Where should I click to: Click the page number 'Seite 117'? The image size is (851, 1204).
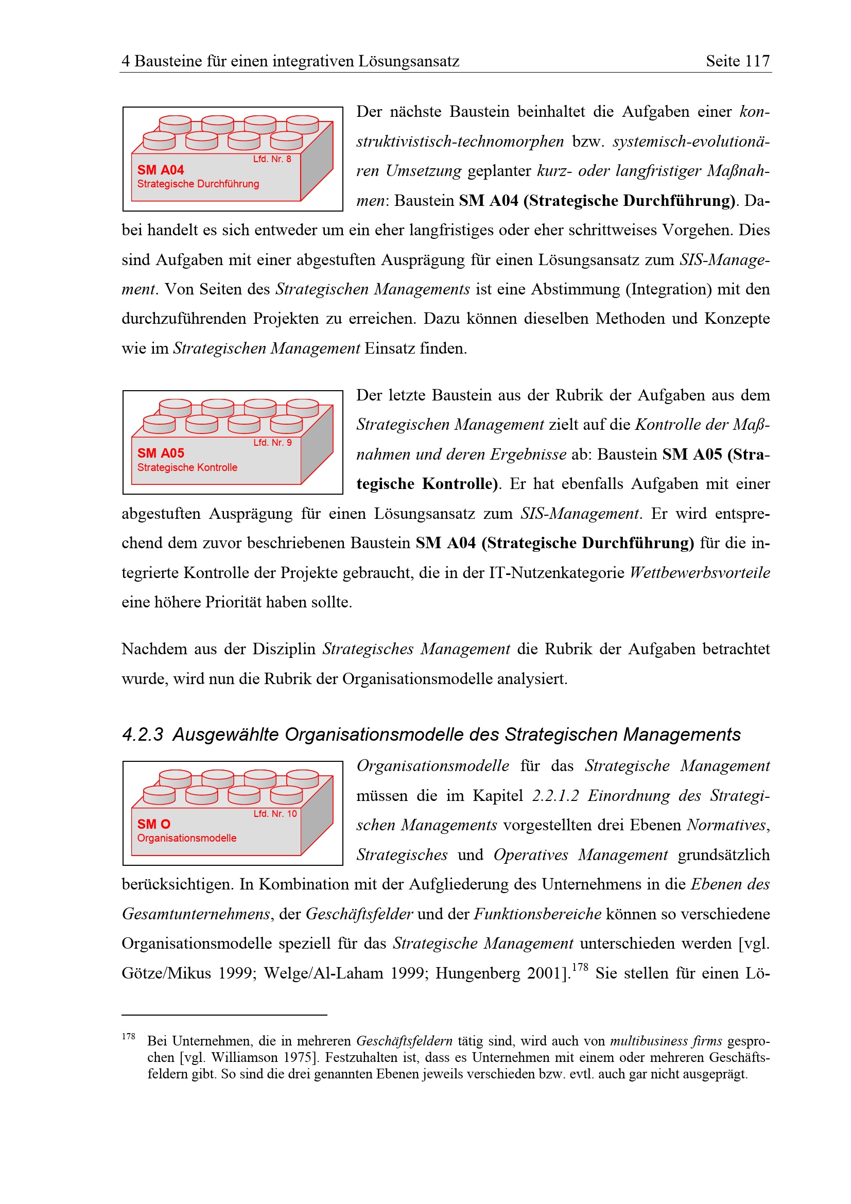pyautogui.click(x=737, y=61)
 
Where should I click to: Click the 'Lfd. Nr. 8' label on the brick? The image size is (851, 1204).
pyautogui.click(x=272, y=159)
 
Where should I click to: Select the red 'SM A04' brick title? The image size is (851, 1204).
pyautogui.click(x=161, y=170)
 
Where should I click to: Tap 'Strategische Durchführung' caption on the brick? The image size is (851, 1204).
pyautogui.click(x=198, y=184)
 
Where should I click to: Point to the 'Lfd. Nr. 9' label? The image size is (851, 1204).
pyautogui.click(x=272, y=443)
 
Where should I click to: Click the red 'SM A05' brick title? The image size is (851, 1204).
pyautogui.click(x=161, y=453)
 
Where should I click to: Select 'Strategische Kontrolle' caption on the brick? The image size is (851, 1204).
pyautogui.click(x=187, y=467)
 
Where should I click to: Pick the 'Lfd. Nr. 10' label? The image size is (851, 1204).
pyautogui.click(x=275, y=813)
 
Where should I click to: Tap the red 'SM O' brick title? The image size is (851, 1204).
pyautogui.click(x=153, y=824)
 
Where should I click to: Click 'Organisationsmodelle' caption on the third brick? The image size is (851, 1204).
pyautogui.click(x=187, y=838)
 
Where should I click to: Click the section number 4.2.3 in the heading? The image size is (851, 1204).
pyautogui.click(x=143, y=735)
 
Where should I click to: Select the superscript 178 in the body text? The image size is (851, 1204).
pyautogui.click(x=579, y=967)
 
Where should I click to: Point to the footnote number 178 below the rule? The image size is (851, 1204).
pyautogui.click(x=129, y=1036)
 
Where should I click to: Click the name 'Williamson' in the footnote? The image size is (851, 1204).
pyautogui.click(x=245, y=1057)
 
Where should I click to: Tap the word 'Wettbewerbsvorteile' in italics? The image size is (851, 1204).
pyautogui.click(x=700, y=572)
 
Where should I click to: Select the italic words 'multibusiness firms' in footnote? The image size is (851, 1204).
pyautogui.click(x=666, y=1041)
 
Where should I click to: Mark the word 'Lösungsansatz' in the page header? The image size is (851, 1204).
pyautogui.click(x=408, y=61)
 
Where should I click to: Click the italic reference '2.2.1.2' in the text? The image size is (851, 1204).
pyautogui.click(x=555, y=795)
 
